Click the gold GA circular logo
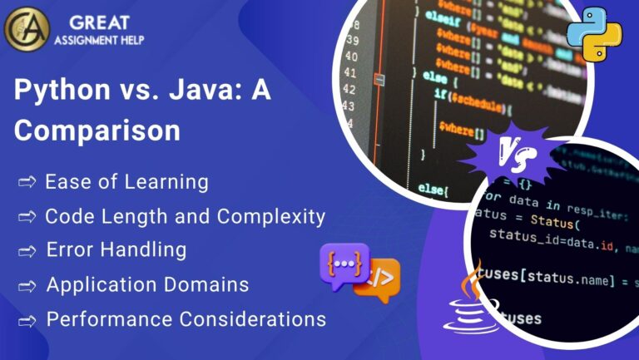(x=27, y=28)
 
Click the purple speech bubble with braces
(x=343, y=265)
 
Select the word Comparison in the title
(x=97, y=131)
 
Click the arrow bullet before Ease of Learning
(x=27, y=182)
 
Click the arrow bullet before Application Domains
(x=27, y=285)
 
